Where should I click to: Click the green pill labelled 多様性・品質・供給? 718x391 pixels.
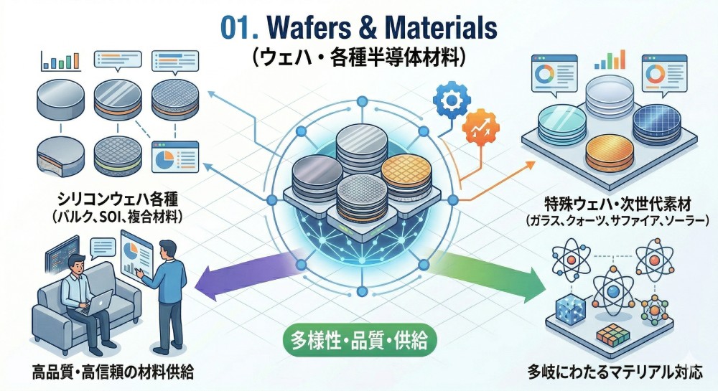point(360,339)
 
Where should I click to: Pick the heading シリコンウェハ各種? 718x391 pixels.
point(115,198)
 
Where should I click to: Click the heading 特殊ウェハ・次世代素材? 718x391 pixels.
point(617,203)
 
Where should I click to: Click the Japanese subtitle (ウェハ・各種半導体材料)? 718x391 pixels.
point(359,58)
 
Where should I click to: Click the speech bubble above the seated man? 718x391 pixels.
point(98,248)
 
